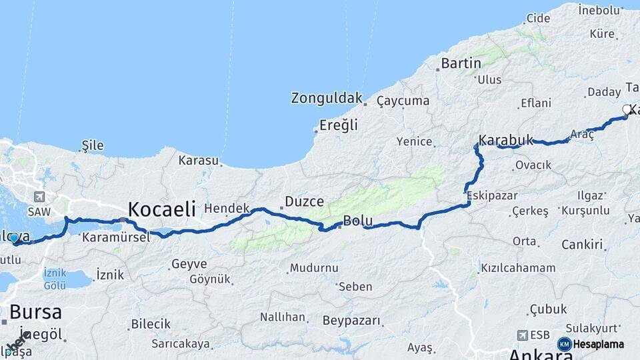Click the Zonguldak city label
326,98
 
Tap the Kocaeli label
161,209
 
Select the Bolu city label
357,221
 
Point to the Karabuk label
507,141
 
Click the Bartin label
461,63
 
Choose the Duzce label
304,201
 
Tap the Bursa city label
36,312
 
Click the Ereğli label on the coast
339,125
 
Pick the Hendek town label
227,208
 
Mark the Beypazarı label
352,321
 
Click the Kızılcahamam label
518,268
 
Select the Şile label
93,145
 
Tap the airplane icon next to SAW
39,197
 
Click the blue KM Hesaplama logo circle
564,344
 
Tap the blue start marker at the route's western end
13,238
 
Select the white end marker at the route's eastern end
627,109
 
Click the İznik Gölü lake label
55,279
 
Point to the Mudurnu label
313,268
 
